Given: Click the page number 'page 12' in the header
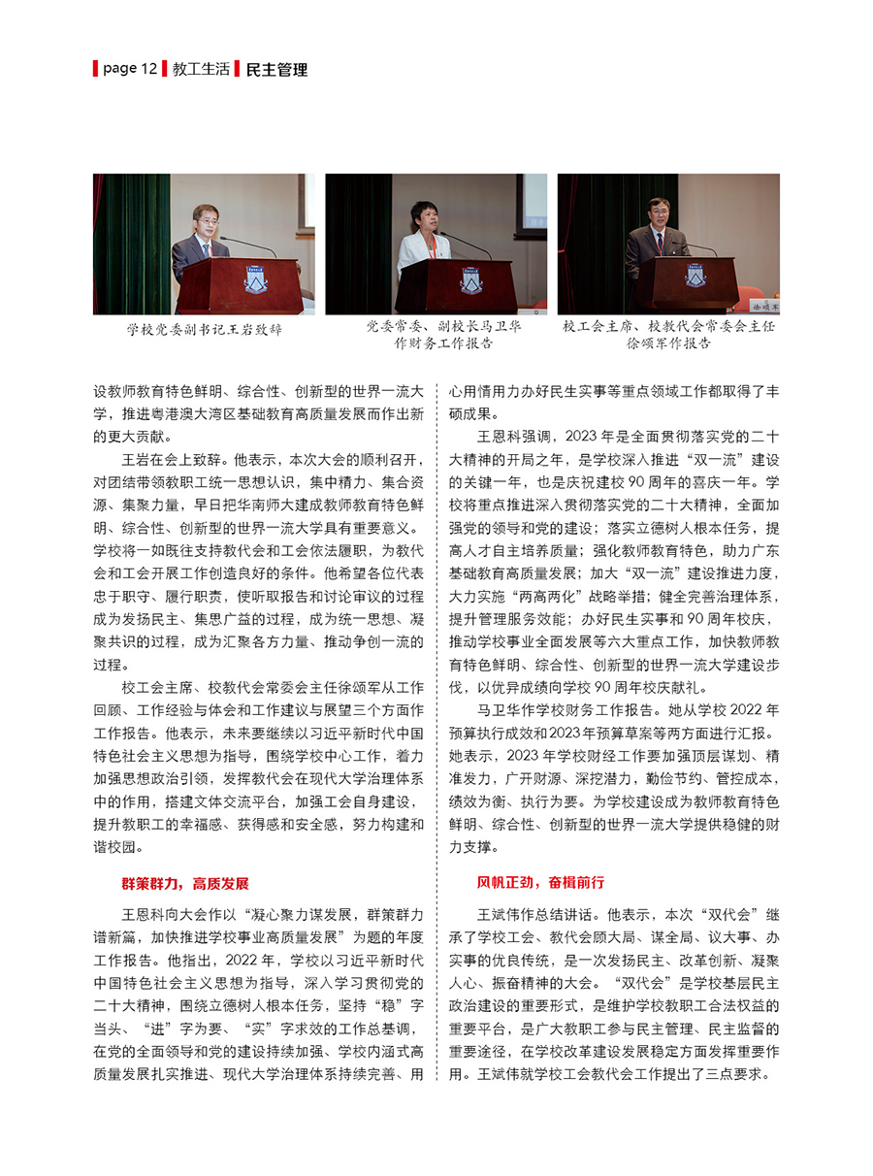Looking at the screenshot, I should pyautogui.click(x=129, y=69).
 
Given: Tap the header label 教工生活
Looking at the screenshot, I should pyautogui.click(x=201, y=69).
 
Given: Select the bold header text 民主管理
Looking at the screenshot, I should pyautogui.click(x=277, y=70).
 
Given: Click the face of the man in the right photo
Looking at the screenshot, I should pyautogui.click(x=659, y=212).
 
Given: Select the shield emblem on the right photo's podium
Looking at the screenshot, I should pyautogui.click(x=695, y=275).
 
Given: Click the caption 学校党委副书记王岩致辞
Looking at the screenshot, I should pyautogui.click(x=205, y=329).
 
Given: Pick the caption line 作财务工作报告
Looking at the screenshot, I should pyautogui.click(x=436, y=343).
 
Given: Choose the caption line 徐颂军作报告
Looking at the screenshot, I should pyautogui.click(x=668, y=343).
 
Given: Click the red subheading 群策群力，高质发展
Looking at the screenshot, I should pyautogui.click(x=184, y=883).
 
